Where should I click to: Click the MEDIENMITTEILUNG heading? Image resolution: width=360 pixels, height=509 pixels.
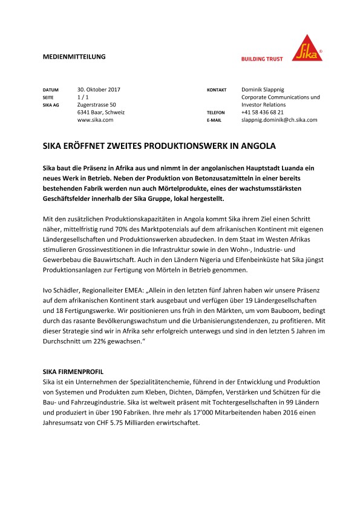pos(74,56)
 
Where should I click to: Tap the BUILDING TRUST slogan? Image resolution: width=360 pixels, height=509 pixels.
pos(262,59)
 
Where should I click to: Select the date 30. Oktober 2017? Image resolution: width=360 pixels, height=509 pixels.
pos(99,90)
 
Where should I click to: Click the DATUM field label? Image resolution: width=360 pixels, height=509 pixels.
pos(51,90)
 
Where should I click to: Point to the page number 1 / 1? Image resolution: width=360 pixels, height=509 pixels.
pos(84,97)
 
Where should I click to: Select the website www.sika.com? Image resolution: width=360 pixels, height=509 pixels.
pos(96,120)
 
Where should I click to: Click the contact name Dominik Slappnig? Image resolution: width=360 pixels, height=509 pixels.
pos(267,90)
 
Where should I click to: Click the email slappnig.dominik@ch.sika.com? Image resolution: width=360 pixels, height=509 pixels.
pos(279,120)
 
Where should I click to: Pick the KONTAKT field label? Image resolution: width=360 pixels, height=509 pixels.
pos(217,90)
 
